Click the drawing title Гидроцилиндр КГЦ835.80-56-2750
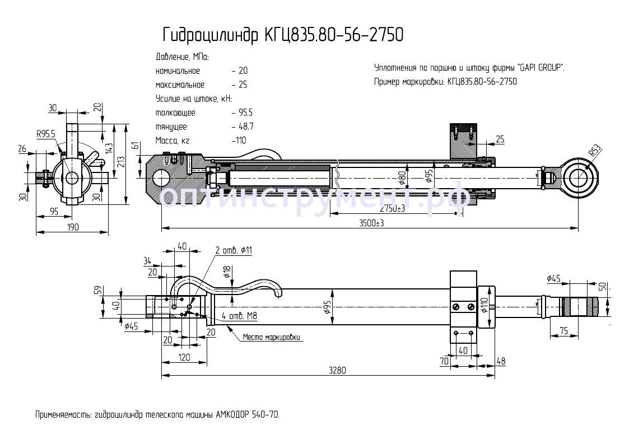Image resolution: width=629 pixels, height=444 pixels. (x=282, y=35)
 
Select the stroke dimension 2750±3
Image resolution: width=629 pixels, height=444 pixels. (x=392, y=208)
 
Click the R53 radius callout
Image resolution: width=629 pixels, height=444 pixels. (x=595, y=150)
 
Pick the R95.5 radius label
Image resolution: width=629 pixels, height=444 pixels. (x=46, y=134)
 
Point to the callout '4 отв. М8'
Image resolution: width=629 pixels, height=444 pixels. (x=239, y=317)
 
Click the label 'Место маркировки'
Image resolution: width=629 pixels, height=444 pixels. (x=272, y=338)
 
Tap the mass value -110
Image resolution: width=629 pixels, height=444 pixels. (x=239, y=141)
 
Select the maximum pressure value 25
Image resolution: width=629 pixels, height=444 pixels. (x=243, y=85)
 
